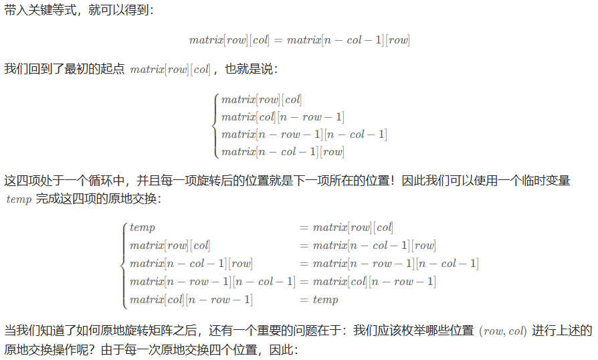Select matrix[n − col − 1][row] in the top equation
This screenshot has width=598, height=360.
coord(348,40)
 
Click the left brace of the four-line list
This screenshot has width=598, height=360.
coord(215,126)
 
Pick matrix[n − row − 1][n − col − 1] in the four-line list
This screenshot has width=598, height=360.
coord(304,134)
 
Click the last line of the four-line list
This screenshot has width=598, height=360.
coord(282,152)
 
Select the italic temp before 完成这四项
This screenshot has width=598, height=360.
coord(18,199)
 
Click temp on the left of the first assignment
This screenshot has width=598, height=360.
coord(142,228)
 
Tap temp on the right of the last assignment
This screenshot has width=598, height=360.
coord(325,300)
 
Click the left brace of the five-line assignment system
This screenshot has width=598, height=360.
coord(124,264)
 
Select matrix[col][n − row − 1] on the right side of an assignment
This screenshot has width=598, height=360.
coord(374,282)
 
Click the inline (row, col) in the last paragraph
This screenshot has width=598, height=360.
coord(503,331)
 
